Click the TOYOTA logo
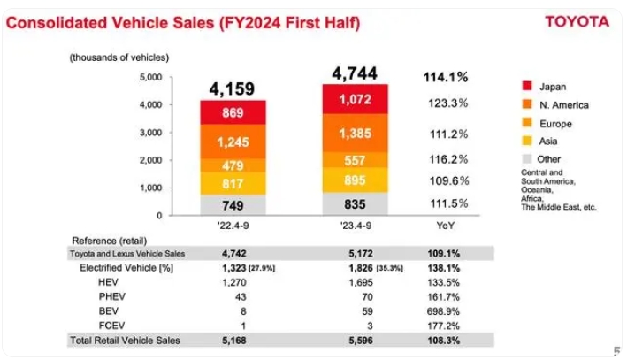coord(577,21)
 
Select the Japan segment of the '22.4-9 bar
coord(233,113)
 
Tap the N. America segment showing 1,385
coord(356,134)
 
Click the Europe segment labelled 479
coord(233,165)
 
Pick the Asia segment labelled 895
coord(356,180)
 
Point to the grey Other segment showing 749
coord(233,204)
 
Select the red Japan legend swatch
coord(527,87)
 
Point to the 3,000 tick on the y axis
coord(151,133)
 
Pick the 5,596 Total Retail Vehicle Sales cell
coord(356,340)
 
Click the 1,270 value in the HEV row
coord(233,282)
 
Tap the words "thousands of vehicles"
coord(119,57)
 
